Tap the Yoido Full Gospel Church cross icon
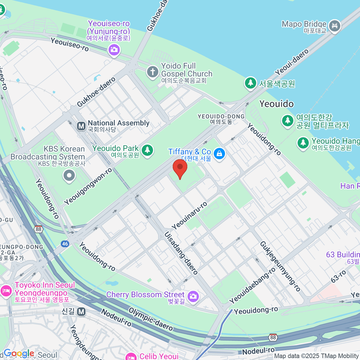[x=152, y=72]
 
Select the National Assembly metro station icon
[x=81, y=126]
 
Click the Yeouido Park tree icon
[x=147, y=150]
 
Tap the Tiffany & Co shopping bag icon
[x=220, y=154]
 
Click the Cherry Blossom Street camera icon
[x=193, y=296]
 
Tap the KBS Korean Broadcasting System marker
[x=69, y=175]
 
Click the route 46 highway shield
[x=65, y=244]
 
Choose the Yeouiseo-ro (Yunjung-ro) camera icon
[x=114, y=49]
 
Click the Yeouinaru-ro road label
[x=189, y=215]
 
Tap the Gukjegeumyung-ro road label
[x=280, y=266]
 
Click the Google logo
[x=19, y=353]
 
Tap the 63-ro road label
[x=338, y=276]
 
